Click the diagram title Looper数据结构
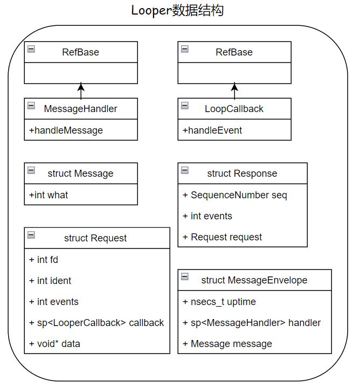[177, 10]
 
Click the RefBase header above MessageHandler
[81, 52]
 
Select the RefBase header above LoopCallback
[234, 52]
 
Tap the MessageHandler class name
[81, 109]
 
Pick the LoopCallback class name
[234, 109]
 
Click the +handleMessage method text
[66, 130]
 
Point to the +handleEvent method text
[212, 130]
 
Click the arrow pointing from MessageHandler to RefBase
[81, 90]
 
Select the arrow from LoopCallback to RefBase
[234, 90]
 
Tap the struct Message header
[81, 174]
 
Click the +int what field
[49, 195]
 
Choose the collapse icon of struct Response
[185, 170]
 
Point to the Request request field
[223, 237]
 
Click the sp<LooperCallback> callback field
[96, 323]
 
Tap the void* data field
[54, 343]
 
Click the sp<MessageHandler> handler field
[252, 323]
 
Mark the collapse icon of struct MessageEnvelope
[185, 276]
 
